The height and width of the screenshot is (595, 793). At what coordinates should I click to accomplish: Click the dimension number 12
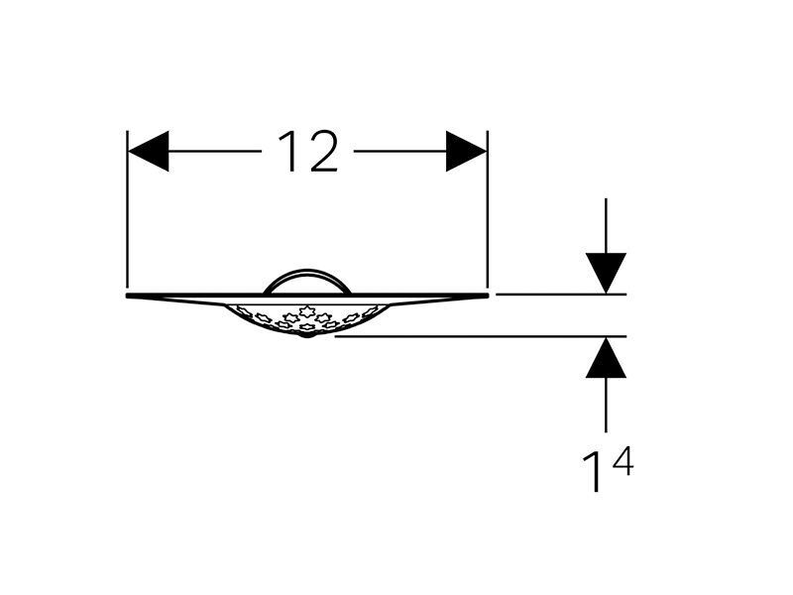point(307,152)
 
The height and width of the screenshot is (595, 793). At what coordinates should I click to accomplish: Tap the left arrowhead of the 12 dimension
point(148,151)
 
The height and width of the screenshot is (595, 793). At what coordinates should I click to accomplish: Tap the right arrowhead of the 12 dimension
point(466,151)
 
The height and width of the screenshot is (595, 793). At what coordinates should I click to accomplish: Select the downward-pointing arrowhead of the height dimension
point(606,273)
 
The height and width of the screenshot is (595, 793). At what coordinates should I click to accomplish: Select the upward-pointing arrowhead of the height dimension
point(606,358)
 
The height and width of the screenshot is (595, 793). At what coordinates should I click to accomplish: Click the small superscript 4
point(623,461)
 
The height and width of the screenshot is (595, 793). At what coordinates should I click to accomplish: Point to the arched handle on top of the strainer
point(307,271)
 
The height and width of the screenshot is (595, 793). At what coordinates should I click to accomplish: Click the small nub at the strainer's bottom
point(306,334)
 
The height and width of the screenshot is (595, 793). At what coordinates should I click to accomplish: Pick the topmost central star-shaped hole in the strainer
point(306,311)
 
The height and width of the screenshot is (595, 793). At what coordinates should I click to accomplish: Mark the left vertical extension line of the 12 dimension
point(128,211)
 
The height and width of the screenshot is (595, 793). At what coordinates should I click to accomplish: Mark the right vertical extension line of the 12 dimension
point(488,211)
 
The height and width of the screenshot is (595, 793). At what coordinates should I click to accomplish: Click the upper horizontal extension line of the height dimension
point(561,294)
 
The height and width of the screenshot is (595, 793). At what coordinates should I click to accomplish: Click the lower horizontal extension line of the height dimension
point(481,336)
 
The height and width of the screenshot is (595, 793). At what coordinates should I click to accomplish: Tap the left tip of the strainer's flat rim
point(127,295)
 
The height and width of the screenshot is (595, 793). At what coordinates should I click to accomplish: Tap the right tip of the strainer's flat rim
point(489,295)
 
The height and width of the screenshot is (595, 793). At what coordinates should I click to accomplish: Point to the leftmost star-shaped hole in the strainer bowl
point(243,309)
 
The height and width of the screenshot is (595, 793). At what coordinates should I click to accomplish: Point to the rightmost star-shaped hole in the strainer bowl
point(371,310)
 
